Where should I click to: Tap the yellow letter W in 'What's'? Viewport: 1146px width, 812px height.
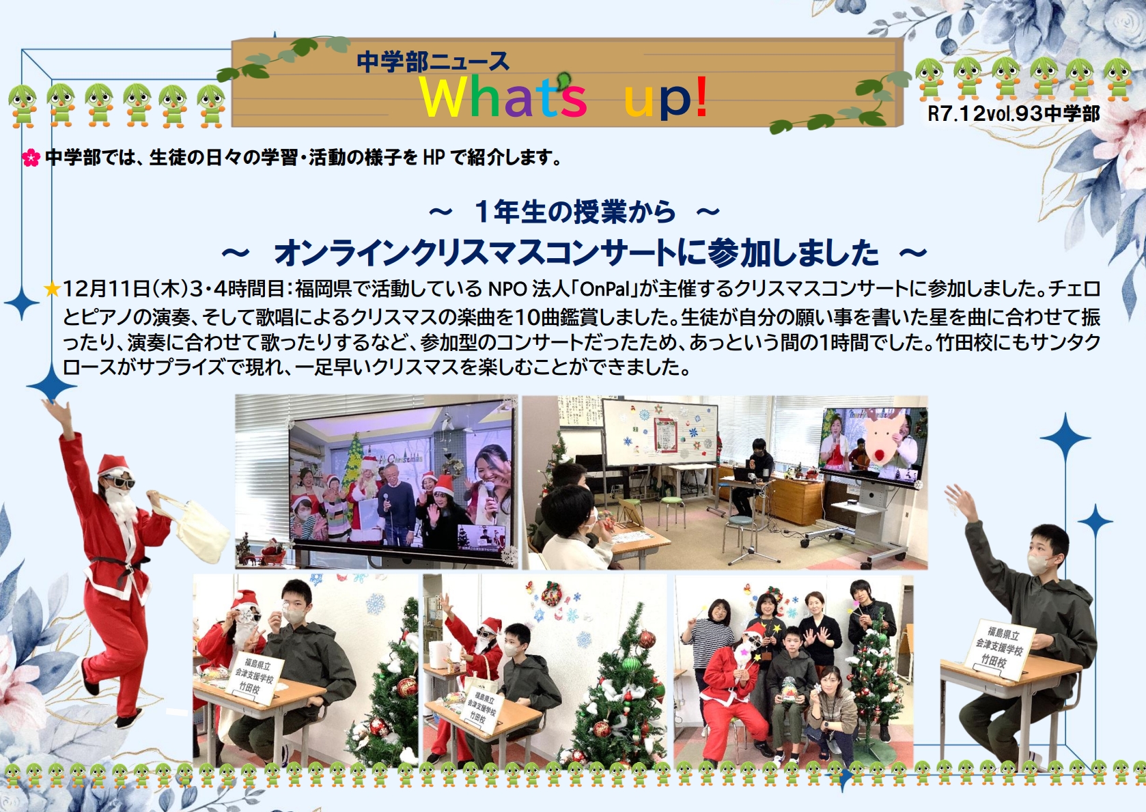pyautogui.click(x=443, y=97)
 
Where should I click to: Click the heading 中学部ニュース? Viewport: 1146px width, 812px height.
pyautogui.click(x=433, y=61)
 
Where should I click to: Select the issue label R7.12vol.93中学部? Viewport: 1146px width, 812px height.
pyautogui.click(x=1013, y=113)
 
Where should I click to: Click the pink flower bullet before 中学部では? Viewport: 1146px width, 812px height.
pyautogui.click(x=31, y=158)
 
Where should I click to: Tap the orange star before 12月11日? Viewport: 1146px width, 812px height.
pyautogui.click(x=52, y=289)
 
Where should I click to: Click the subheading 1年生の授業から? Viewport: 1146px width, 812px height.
pyautogui.click(x=574, y=212)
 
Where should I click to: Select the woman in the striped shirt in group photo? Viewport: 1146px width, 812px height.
pyautogui.click(x=711, y=635)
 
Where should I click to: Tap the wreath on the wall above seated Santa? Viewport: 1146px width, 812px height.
pyautogui.click(x=552, y=594)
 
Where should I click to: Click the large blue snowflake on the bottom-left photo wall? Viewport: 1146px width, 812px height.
pyautogui.click(x=375, y=604)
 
